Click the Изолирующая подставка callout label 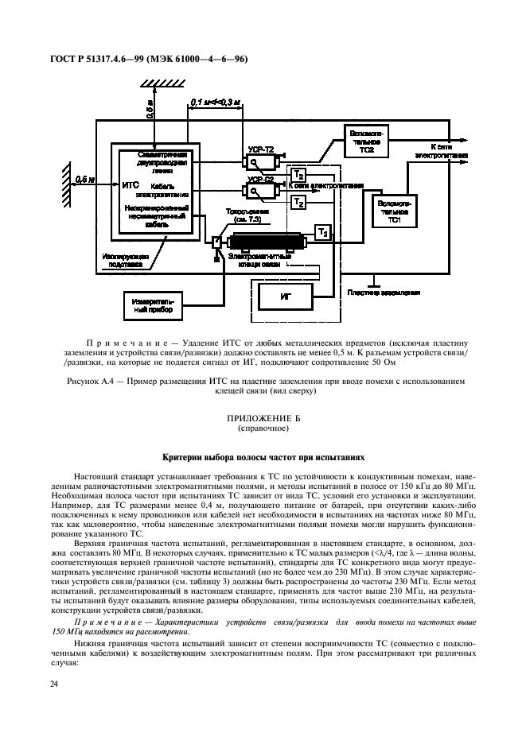point(123,260)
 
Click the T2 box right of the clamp point(321,232)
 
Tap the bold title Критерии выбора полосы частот point(263,458)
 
